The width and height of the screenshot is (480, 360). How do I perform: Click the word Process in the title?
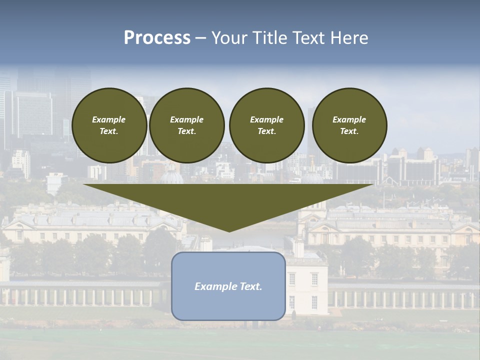[157, 38]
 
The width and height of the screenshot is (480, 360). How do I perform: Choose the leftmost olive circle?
[109, 125]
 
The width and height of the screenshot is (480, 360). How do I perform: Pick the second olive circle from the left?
[186, 125]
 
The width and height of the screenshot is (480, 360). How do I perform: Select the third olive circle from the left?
[266, 125]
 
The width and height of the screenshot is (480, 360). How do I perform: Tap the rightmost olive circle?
[349, 125]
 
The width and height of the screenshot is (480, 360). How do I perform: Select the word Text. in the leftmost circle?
[109, 131]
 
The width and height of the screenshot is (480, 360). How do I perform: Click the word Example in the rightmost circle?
[349, 119]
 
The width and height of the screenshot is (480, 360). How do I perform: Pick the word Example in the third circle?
[266, 119]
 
